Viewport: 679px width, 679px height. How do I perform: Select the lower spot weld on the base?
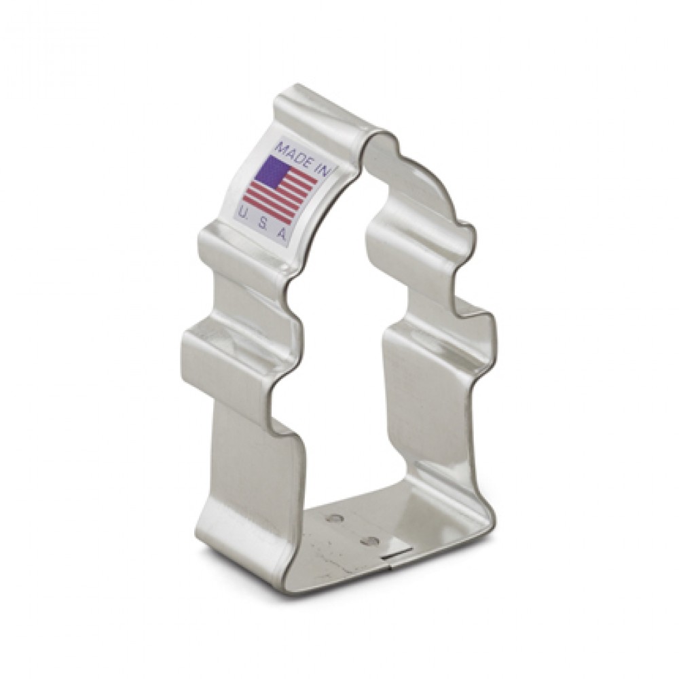[369, 540]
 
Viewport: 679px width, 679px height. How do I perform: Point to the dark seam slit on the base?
[397, 554]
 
